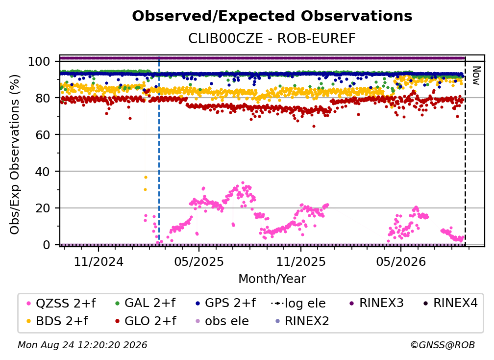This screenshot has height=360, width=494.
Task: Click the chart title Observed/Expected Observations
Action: (272, 16)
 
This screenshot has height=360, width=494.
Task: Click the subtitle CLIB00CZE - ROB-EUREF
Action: (272, 39)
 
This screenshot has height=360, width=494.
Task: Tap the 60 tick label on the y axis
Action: (43, 135)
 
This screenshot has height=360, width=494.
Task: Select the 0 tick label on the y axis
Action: (47, 245)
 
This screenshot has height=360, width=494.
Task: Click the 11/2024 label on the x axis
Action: (99, 261)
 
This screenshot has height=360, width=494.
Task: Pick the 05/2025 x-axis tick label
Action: (199, 261)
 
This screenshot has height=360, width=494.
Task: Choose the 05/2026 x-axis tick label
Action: (401, 261)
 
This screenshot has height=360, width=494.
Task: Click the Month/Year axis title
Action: (272, 279)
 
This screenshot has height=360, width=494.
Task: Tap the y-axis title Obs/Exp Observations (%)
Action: (15, 154)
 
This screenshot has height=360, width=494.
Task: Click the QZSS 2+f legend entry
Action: (61, 303)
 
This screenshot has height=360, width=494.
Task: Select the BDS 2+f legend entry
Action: (57, 321)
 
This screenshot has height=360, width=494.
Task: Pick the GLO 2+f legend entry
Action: (146, 321)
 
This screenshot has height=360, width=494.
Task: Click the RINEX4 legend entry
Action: (451, 303)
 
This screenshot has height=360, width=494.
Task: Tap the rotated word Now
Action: (476, 76)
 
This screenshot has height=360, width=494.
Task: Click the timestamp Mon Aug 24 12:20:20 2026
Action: (82, 345)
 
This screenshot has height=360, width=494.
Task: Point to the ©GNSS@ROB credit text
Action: (443, 345)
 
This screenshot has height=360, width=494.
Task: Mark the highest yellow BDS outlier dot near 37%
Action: (146, 178)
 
